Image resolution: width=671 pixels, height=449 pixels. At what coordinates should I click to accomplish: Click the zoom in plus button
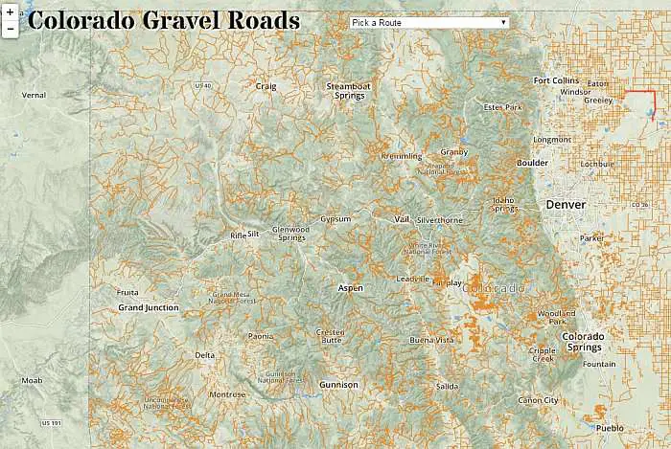click(x=10, y=12)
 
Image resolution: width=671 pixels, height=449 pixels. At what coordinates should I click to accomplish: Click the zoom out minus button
click(x=10, y=29)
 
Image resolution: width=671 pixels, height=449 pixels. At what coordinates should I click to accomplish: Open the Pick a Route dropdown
click(x=429, y=22)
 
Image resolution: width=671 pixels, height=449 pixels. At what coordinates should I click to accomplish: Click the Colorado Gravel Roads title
click(x=164, y=21)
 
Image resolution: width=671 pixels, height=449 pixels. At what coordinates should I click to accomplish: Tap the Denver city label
click(x=565, y=205)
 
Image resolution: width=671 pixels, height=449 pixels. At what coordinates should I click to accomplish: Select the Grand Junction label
click(x=148, y=307)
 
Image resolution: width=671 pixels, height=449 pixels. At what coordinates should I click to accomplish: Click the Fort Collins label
click(x=556, y=80)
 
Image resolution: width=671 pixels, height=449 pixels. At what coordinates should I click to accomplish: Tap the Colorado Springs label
click(x=583, y=341)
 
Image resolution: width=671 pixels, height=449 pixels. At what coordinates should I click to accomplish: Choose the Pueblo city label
click(x=609, y=427)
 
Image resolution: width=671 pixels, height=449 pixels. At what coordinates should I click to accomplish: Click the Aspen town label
click(x=351, y=287)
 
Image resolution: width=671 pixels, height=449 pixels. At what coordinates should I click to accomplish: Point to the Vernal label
click(x=34, y=95)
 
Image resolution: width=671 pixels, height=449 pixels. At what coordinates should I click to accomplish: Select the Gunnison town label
click(x=337, y=384)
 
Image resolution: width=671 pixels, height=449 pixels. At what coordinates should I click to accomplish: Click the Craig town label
click(x=266, y=85)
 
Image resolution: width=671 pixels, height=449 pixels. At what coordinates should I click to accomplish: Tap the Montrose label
click(x=227, y=394)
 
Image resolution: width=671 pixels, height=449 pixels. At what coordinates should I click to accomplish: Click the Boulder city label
click(x=532, y=163)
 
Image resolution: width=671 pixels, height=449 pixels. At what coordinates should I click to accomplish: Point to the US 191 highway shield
click(x=50, y=422)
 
